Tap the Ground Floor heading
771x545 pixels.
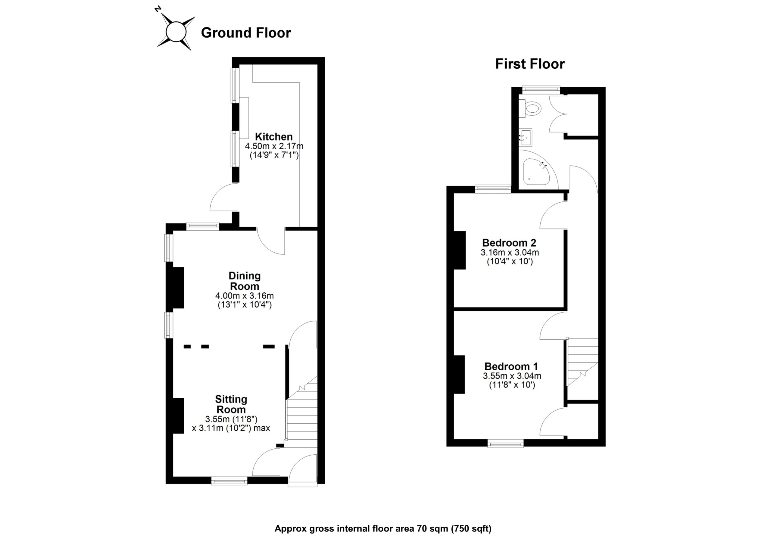246,33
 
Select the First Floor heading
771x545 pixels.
530,64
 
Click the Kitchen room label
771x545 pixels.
274,137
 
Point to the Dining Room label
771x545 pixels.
244,281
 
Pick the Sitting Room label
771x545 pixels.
231,404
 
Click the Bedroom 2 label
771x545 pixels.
509,242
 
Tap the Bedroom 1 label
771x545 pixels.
511,366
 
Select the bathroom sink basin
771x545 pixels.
526,138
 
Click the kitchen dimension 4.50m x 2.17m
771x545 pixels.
274,146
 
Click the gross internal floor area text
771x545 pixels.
383,529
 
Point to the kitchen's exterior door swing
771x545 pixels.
223,198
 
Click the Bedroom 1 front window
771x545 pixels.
505,444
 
